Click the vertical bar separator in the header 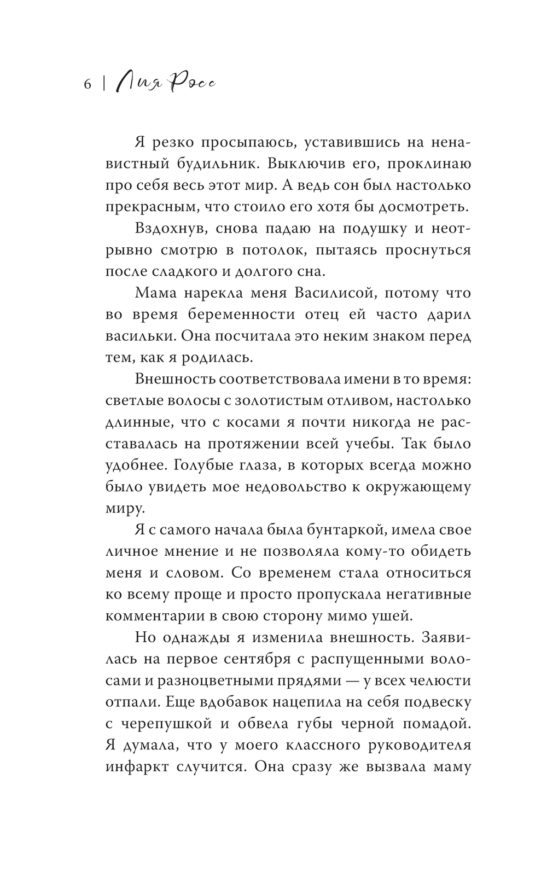point(104,85)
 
